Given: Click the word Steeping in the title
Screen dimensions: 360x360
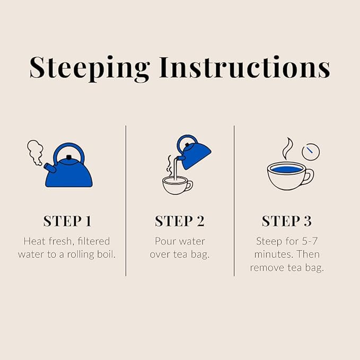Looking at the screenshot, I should (89, 68).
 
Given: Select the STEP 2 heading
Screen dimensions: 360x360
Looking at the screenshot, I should (179, 221).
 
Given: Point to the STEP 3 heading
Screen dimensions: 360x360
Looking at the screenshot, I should (286, 221).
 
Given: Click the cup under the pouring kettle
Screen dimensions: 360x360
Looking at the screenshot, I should (177, 185).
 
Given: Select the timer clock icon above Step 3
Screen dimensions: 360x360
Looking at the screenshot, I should (311, 151).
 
